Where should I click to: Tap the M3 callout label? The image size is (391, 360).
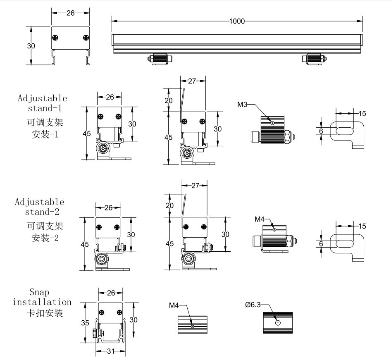pyautogui.click(x=242, y=105)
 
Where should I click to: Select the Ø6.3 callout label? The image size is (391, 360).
pyautogui.click(x=253, y=305)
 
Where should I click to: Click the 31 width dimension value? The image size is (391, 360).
pyautogui.click(x=110, y=352)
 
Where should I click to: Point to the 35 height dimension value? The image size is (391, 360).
pyautogui.click(x=85, y=323)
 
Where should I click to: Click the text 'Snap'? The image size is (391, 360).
pyautogui.click(x=39, y=293)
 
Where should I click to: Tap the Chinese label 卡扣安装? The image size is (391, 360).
pyautogui.click(x=45, y=313)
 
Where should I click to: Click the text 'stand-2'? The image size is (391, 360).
pyautogui.click(x=41, y=212)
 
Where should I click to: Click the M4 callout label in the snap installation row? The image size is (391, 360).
pyautogui.click(x=174, y=305)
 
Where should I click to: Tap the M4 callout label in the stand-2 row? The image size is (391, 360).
pyautogui.click(x=259, y=219)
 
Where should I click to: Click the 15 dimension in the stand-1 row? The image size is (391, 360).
pyautogui.click(x=362, y=113)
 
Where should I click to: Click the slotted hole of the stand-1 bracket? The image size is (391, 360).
pyautogui.click(x=344, y=131)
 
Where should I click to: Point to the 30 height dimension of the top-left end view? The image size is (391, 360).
pyautogui.click(x=31, y=46)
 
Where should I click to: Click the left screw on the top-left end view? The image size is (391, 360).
pyautogui.click(x=55, y=38)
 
